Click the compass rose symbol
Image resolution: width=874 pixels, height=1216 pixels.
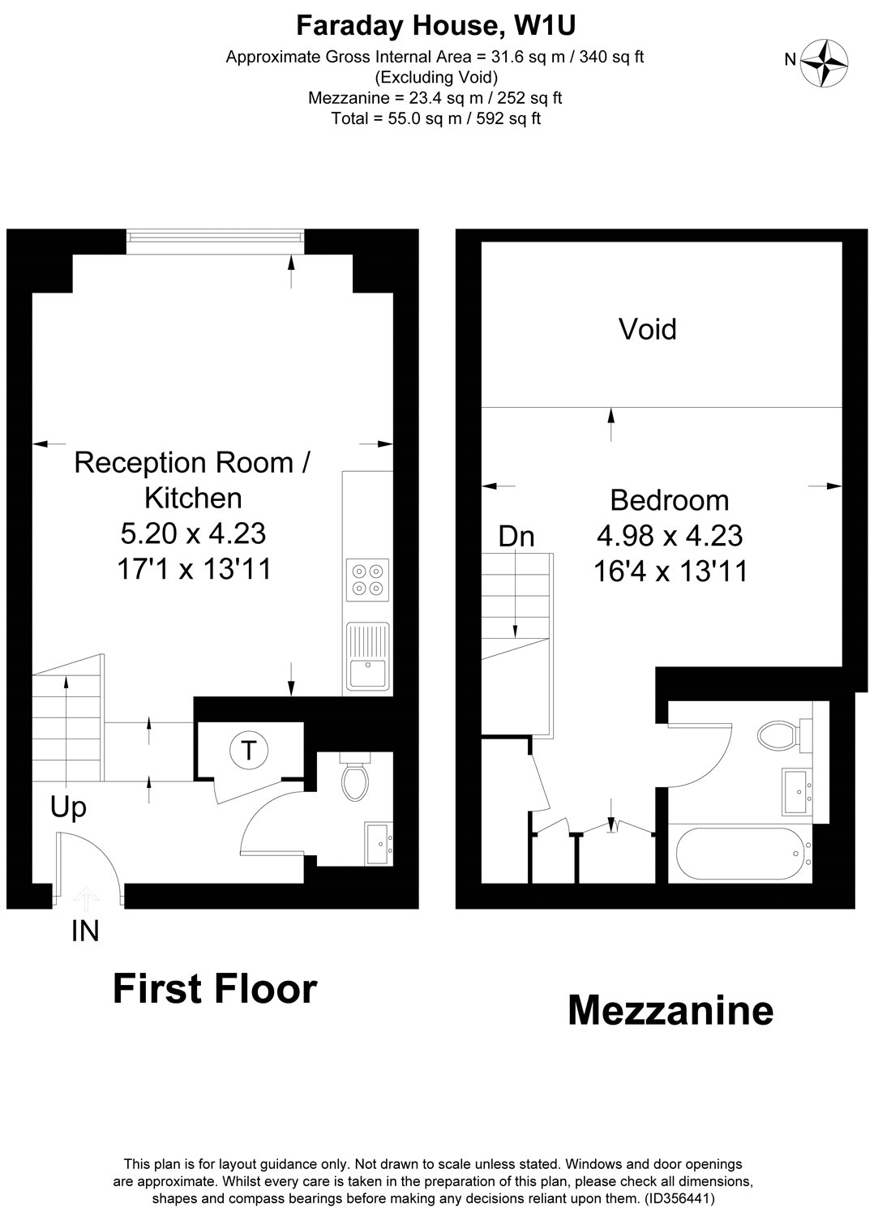pyautogui.click(x=825, y=62)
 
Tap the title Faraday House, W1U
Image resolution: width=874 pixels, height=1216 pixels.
pyautogui.click(x=435, y=26)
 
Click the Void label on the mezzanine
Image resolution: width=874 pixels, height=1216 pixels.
pyautogui.click(x=647, y=329)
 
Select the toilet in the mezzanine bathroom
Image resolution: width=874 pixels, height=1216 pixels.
pyautogui.click(x=777, y=736)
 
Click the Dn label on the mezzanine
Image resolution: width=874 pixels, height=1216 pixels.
pyautogui.click(x=516, y=536)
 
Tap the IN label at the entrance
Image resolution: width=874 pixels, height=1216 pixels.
pyautogui.click(x=85, y=932)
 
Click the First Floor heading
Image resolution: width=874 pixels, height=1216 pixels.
pyautogui.click(x=215, y=990)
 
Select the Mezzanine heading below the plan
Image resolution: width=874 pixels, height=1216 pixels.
pyautogui.click(x=670, y=1011)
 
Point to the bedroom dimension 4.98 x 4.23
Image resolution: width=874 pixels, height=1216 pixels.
pyautogui.click(x=670, y=536)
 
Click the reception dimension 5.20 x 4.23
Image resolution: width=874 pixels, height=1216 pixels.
pyautogui.click(x=193, y=533)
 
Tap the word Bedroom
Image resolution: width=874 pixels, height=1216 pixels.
pyautogui.click(x=670, y=500)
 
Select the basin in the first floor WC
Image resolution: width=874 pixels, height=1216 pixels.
pyautogui.click(x=379, y=844)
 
